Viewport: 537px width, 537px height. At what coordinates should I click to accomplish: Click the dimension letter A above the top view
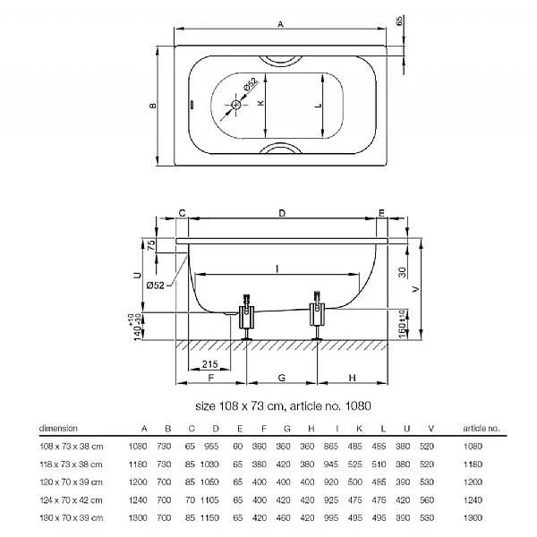(x=281, y=28)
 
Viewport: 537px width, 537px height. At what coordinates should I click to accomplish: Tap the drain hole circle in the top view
(x=236, y=105)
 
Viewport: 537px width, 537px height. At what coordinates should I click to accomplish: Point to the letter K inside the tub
(x=261, y=104)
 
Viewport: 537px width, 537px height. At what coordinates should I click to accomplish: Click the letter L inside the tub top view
(x=320, y=105)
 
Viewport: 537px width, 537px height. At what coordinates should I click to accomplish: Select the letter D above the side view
(x=281, y=213)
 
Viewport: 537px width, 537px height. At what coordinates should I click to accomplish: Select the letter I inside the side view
(x=277, y=268)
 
